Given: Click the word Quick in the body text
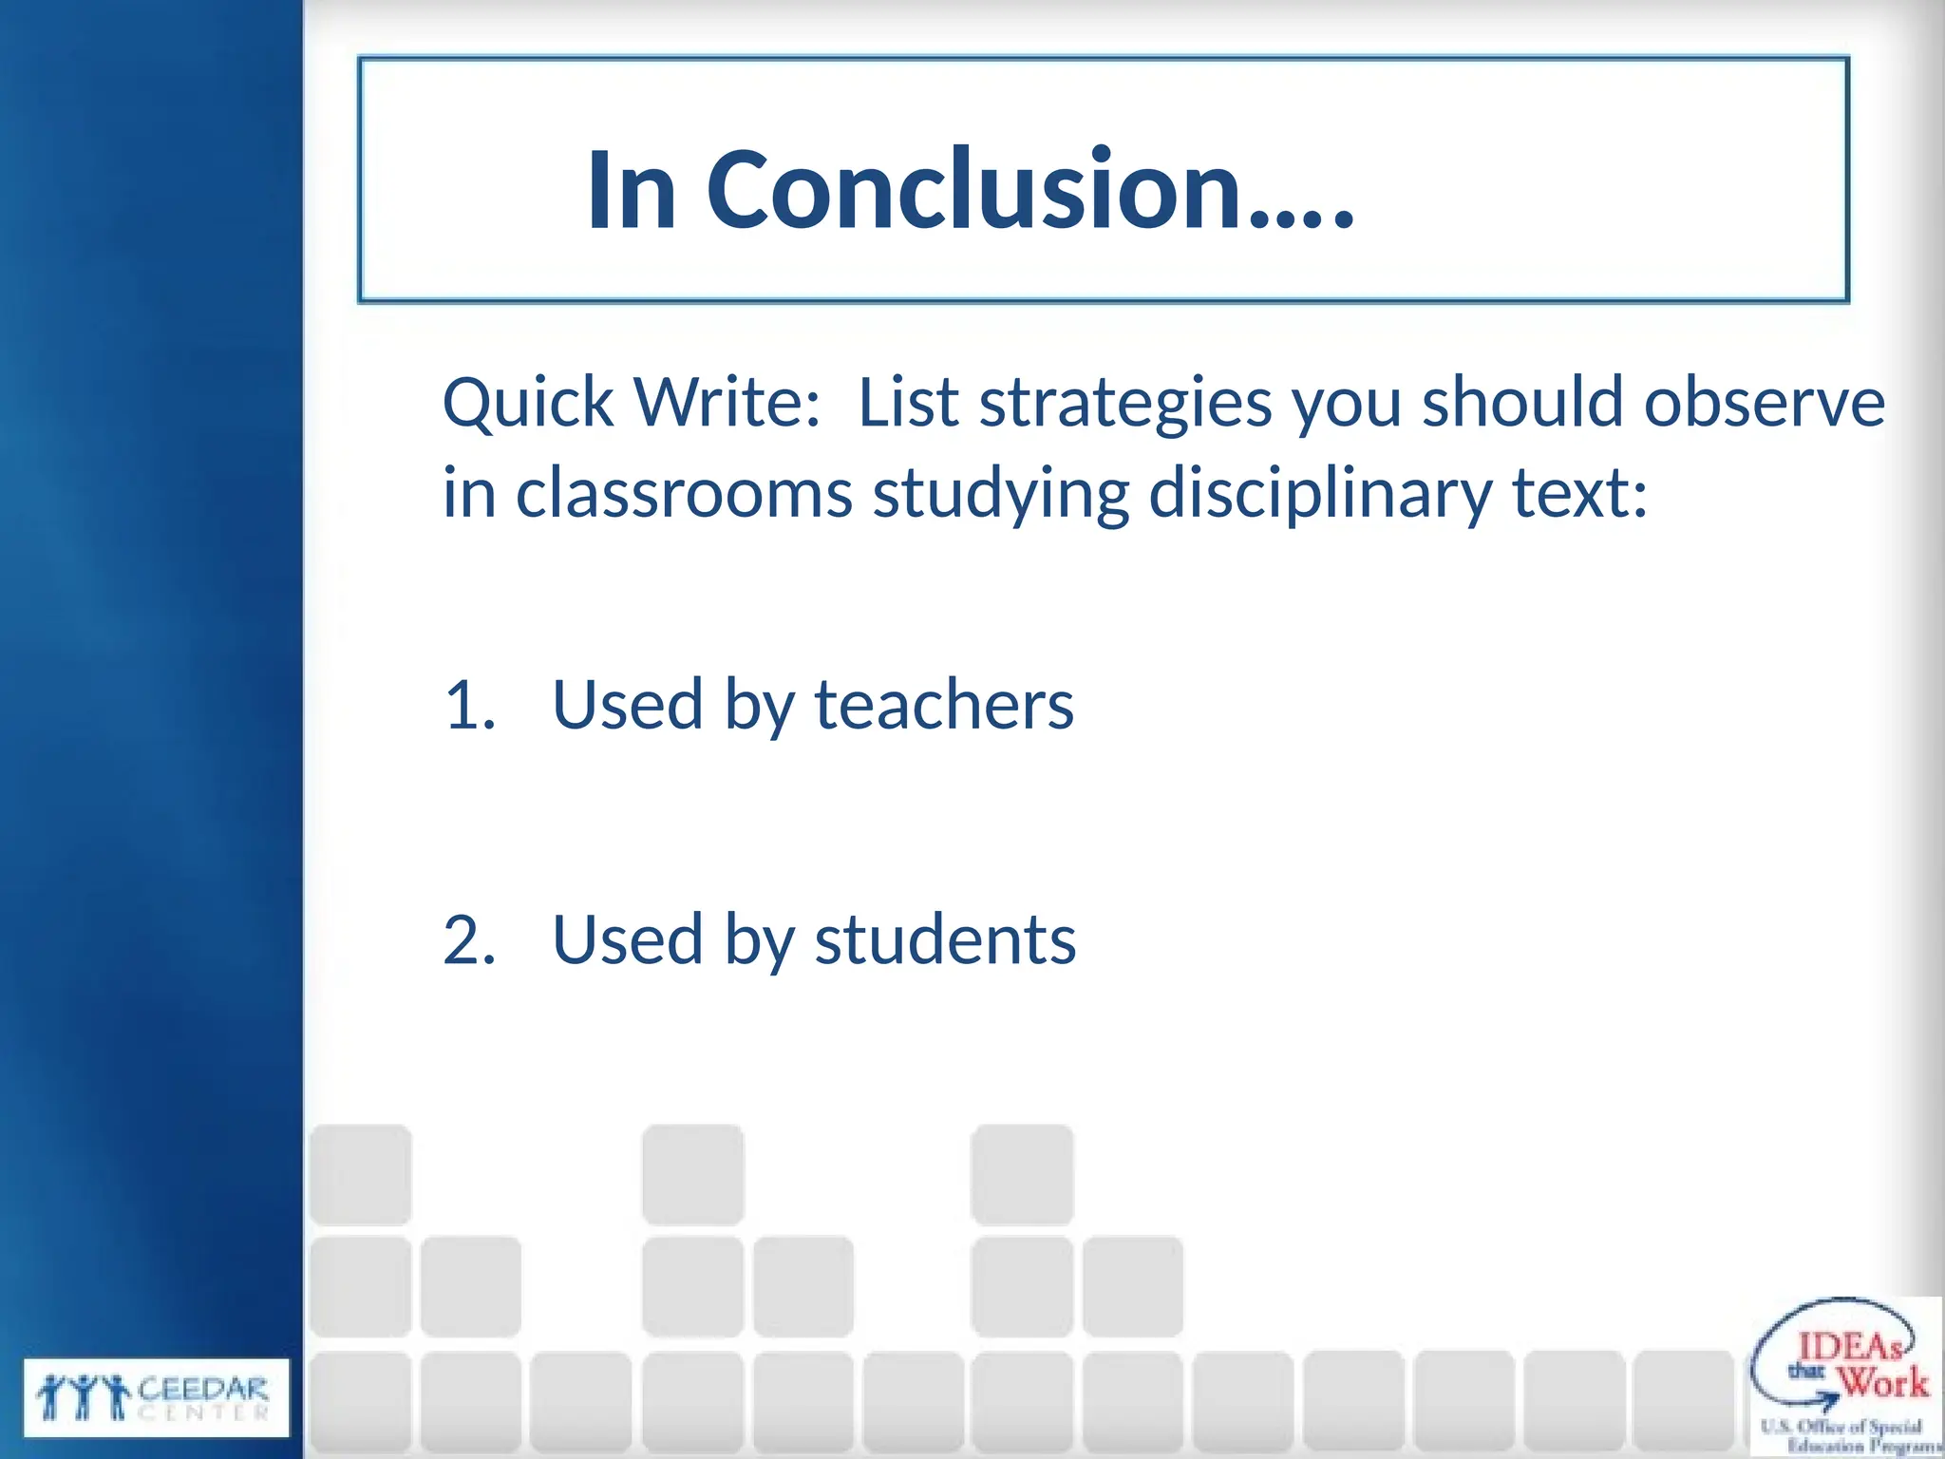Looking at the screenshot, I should coord(528,403).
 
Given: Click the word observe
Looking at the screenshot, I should coord(1764,403).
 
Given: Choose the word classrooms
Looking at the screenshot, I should coord(684,493).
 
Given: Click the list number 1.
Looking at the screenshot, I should coord(469,706).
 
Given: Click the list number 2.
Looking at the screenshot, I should coord(469,940).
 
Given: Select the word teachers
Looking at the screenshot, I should coord(944,706).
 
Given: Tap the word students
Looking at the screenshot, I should coord(945,940).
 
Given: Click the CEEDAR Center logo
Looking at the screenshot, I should coord(156,1397).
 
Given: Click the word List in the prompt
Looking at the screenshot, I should coord(908,403).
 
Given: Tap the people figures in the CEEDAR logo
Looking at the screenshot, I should coord(84,1397).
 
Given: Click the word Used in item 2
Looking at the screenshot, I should coord(628,940).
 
